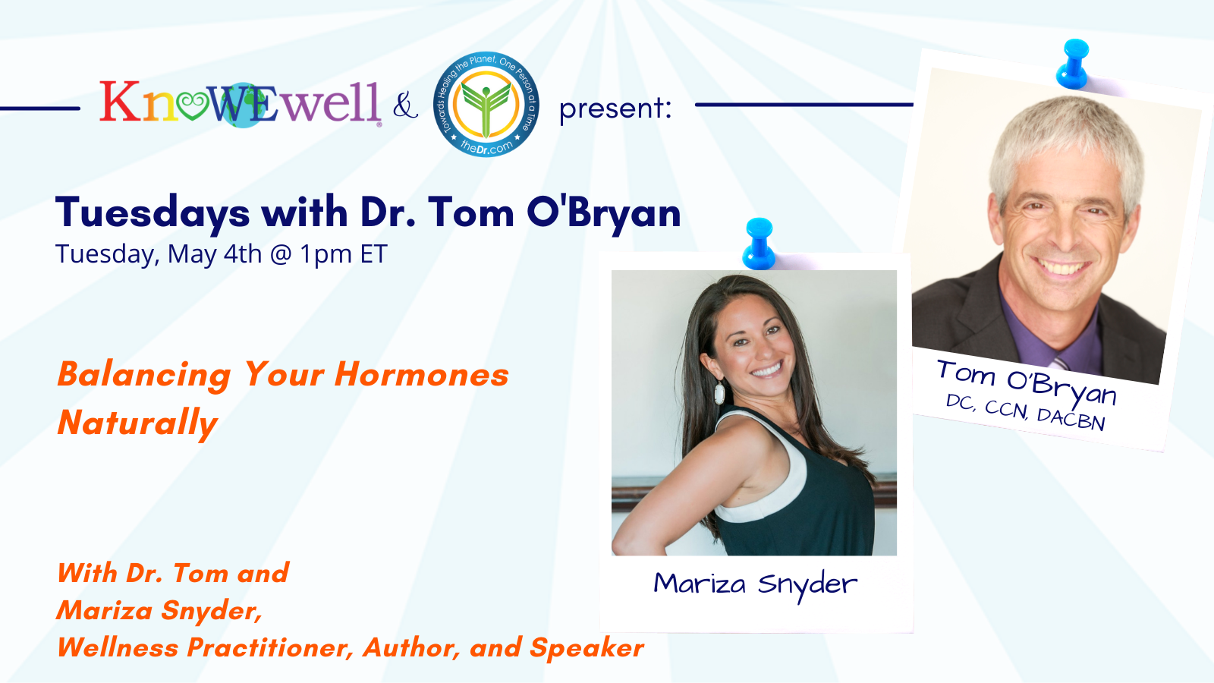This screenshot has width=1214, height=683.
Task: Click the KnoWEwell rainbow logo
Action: pos(240,102)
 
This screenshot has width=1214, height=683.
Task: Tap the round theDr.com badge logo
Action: pos(486,105)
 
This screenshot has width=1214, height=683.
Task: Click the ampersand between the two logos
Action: pos(405,105)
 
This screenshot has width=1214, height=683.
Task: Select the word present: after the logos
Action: pos(615,109)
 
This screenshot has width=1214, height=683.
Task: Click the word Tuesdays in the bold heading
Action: pos(153,213)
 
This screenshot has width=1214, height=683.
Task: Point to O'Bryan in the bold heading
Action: pos(604,212)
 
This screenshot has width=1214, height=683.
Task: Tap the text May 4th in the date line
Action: pos(215,253)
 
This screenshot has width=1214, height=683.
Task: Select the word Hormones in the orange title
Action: pos(422,375)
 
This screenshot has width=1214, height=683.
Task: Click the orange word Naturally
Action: pos(137,423)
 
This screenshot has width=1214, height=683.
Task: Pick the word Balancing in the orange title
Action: pos(144,376)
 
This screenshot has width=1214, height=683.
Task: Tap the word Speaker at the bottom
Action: pos(587,648)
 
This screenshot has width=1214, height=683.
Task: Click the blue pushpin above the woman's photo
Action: pos(759,244)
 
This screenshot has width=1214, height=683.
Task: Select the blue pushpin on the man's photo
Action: pos(1073,64)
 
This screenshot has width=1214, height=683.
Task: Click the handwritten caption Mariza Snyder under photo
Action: pos(755,584)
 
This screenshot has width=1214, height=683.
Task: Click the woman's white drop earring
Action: pos(719,392)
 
